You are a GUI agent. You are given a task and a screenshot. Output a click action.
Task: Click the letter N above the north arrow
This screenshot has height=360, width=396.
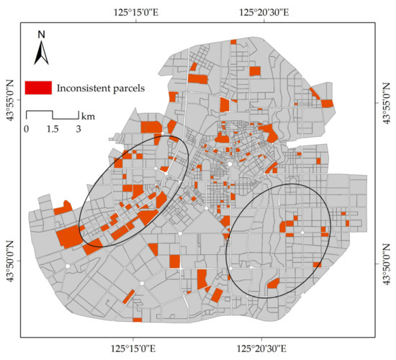click(x=42, y=34)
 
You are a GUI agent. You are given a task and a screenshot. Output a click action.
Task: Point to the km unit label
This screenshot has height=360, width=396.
click(x=88, y=115)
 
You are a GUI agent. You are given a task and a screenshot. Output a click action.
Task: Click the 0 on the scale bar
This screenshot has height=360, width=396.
click(x=26, y=129)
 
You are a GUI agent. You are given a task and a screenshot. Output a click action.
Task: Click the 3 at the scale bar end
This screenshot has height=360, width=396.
click(x=78, y=129)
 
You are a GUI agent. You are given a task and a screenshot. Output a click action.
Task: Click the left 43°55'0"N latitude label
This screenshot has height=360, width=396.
click(x=10, y=102)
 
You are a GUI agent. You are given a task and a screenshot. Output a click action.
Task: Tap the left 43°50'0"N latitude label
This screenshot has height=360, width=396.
click(x=10, y=263)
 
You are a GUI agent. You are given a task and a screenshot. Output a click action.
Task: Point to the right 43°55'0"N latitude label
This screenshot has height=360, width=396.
click(x=386, y=102)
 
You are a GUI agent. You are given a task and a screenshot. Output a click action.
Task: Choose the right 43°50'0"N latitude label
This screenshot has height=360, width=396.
click(x=386, y=263)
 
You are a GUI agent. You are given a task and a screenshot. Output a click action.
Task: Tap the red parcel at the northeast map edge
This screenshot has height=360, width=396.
click(x=327, y=102)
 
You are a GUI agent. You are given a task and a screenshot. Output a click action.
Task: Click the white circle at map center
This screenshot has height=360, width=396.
click(x=230, y=164)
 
